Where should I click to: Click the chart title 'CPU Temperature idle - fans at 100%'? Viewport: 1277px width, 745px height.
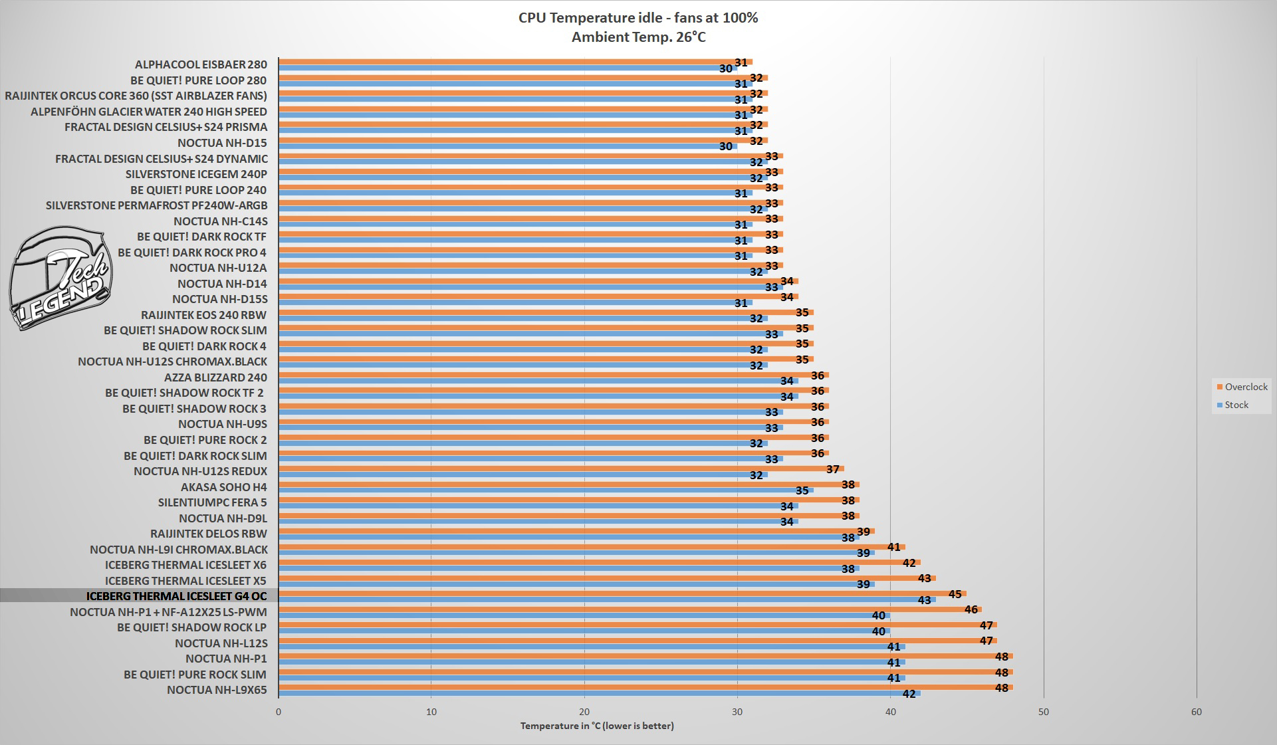638,18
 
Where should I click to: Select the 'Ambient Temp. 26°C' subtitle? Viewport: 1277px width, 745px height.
638,37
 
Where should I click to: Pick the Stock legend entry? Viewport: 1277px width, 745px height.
1236,405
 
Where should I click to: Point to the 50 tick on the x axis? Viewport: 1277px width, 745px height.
1043,712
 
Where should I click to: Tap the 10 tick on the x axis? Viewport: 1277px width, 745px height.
431,712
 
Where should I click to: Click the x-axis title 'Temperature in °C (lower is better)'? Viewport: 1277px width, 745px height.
597,726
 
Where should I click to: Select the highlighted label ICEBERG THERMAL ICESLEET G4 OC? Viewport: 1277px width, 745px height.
176,596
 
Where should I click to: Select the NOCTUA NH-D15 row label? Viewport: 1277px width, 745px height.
222,143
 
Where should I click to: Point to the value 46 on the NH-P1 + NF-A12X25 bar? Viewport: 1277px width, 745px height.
971,609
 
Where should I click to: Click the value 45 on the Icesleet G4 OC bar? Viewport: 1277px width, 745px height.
955,594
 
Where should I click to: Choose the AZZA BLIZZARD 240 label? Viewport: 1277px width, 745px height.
215,377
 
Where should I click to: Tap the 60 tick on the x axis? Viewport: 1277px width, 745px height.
1196,712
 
